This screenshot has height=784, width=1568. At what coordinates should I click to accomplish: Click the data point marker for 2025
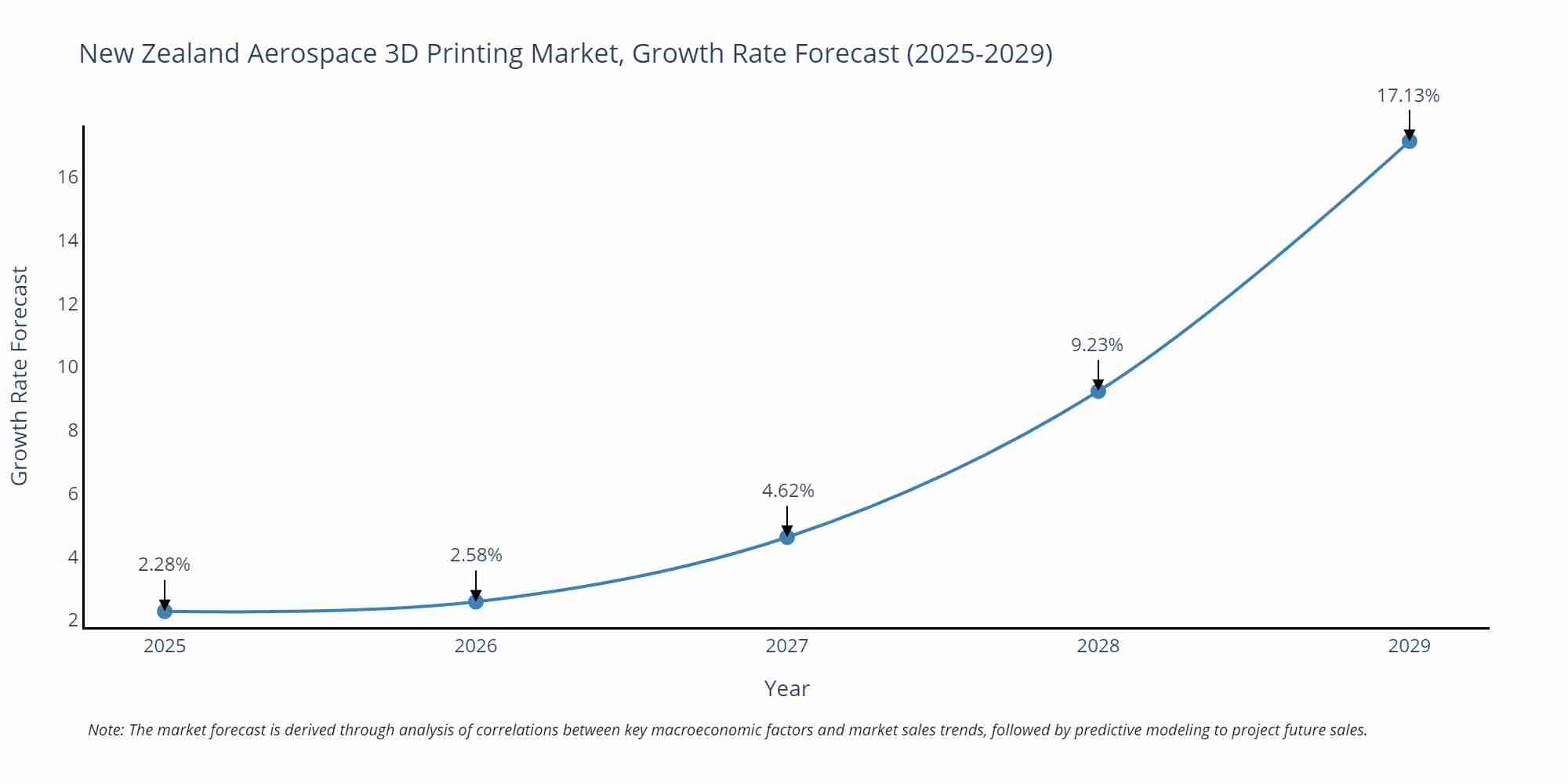(x=165, y=611)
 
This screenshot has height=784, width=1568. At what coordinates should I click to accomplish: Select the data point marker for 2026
(x=476, y=601)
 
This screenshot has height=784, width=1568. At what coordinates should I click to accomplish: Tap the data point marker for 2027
(x=787, y=537)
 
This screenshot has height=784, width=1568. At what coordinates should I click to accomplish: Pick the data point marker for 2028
(x=1098, y=390)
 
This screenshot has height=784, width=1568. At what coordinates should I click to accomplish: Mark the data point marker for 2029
(x=1409, y=141)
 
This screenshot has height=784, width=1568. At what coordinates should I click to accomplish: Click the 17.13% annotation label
(x=1408, y=96)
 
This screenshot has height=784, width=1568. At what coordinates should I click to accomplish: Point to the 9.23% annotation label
(x=1097, y=345)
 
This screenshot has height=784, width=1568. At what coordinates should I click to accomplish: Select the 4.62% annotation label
(x=788, y=491)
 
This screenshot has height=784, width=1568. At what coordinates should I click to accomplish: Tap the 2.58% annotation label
(x=476, y=555)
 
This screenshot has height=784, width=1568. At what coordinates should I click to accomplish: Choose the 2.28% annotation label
(x=164, y=564)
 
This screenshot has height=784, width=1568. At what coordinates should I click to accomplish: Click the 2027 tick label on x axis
(x=787, y=646)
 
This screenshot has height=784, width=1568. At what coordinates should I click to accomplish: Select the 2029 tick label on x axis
(x=1409, y=646)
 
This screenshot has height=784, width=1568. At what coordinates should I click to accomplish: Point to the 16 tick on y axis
(x=68, y=177)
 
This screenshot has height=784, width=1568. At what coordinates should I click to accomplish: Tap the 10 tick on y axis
(x=68, y=367)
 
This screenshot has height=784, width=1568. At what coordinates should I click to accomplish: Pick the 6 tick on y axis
(x=73, y=494)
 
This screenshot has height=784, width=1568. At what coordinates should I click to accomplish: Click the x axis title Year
(x=786, y=688)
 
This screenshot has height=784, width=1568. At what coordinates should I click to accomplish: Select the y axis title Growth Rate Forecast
(x=19, y=376)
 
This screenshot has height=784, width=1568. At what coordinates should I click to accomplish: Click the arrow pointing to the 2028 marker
(x=1098, y=373)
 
